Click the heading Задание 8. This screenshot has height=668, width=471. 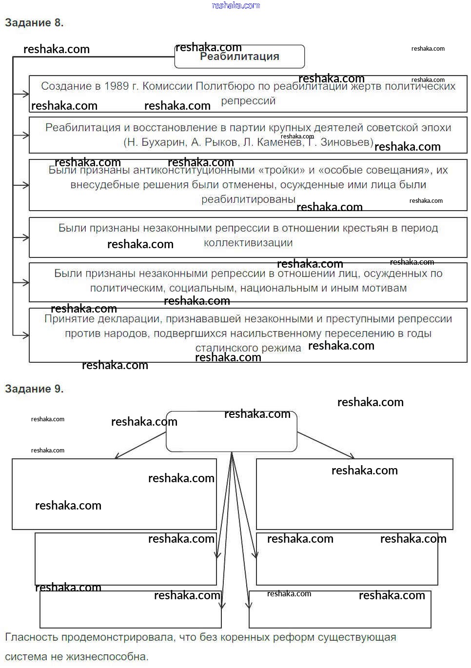point(34,23)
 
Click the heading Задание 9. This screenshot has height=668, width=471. point(34,389)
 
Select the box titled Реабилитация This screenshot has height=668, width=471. point(239,57)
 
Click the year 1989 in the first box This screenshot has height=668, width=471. point(117,86)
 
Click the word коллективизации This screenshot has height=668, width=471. point(248,243)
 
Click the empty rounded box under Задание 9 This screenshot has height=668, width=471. point(232,432)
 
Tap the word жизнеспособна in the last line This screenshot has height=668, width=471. point(107,657)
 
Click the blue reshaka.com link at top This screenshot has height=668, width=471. point(236,6)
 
